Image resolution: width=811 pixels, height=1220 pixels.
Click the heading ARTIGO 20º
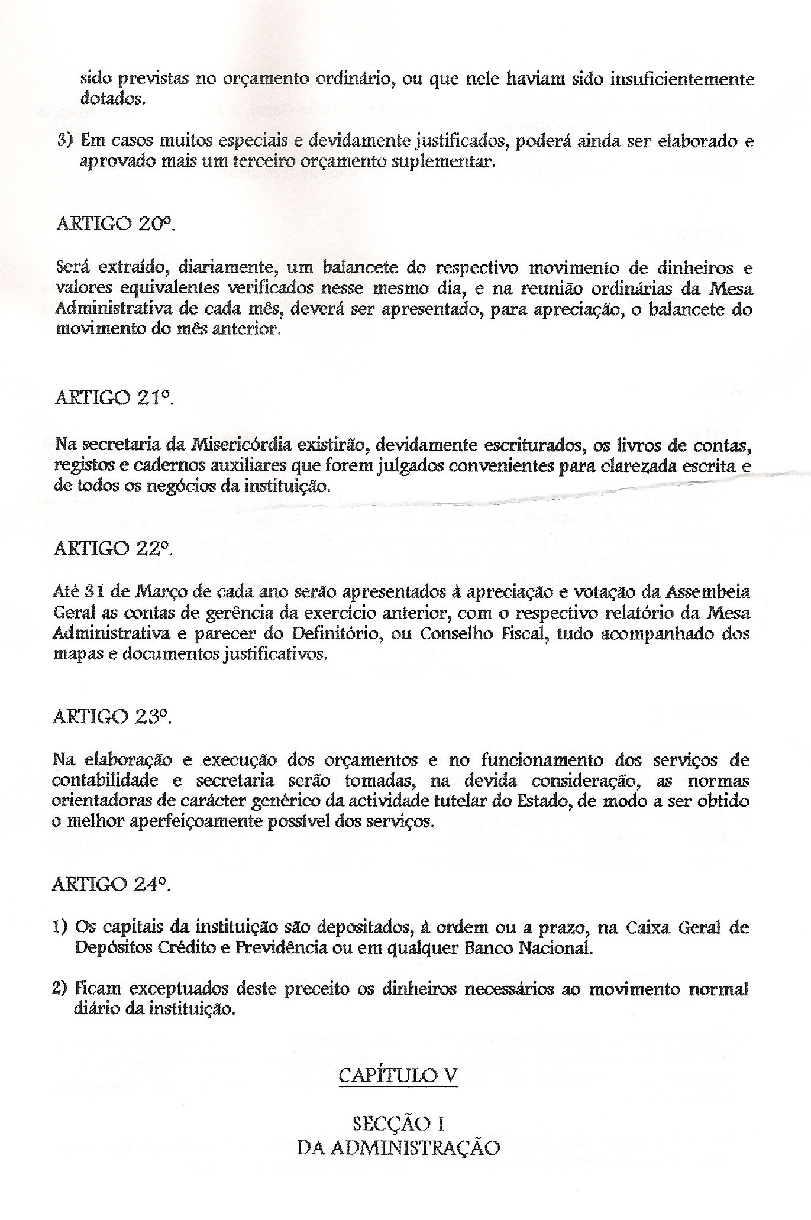click(x=114, y=225)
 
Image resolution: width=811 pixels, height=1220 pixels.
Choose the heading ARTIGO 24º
click(x=113, y=885)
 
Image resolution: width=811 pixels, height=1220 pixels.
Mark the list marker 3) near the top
click(x=65, y=142)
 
